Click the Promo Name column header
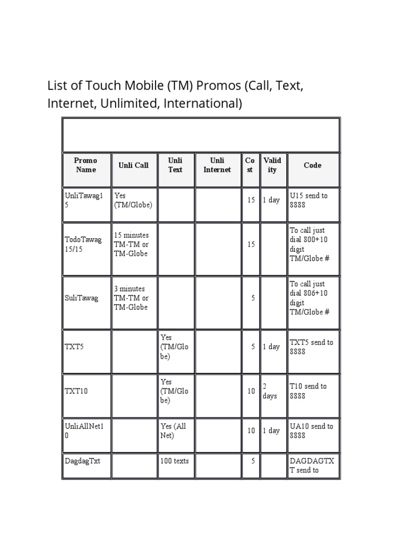86,165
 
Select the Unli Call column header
133,165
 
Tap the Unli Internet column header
217,165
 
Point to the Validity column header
272,165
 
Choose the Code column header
312,165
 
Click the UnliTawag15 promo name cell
84,200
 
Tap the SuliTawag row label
82,298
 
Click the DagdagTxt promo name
82,461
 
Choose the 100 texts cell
175,461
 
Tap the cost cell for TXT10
251,391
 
